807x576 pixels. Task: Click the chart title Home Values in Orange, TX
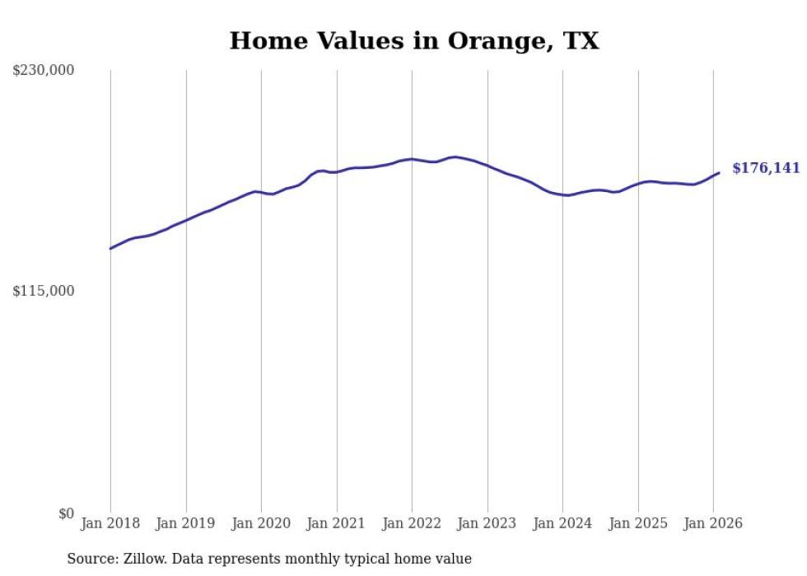pyautogui.click(x=414, y=41)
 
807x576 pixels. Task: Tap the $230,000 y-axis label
pyautogui.click(x=43, y=71)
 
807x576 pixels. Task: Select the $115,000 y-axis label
pyautogui.click(x=43, y=291)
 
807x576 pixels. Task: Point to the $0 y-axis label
pyautogui.click(x=66, y=513)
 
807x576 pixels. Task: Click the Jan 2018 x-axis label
pyautogui.click(x=110, y=523)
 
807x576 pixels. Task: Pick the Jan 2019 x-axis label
pyautogui.click(x=186, y=523)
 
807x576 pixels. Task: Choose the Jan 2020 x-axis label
pyautogui.click(x=261, y=523)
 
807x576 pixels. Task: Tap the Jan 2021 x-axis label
pyautogui.click(x=337, y=523)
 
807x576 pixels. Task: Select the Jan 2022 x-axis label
pyautogui.click(x=412, y=523)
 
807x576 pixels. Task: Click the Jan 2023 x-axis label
pyautogui.click(x=487, y=523)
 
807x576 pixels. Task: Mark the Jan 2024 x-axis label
pyautogui.click(x=562, y=523)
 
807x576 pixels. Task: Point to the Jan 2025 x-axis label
pyautogui.click(x=638, y=523)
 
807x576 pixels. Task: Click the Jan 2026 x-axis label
pyautogui.click(x=713, y=523)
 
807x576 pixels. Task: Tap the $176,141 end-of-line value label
pyautogui.click(x=766, y=168)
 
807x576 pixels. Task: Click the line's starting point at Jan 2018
pyautogui.click(x=110, y=248)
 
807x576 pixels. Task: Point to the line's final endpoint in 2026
pyautogui.click(x=719, y=172)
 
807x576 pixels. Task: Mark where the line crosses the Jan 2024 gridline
pyautogui.click(x=562, y=194)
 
